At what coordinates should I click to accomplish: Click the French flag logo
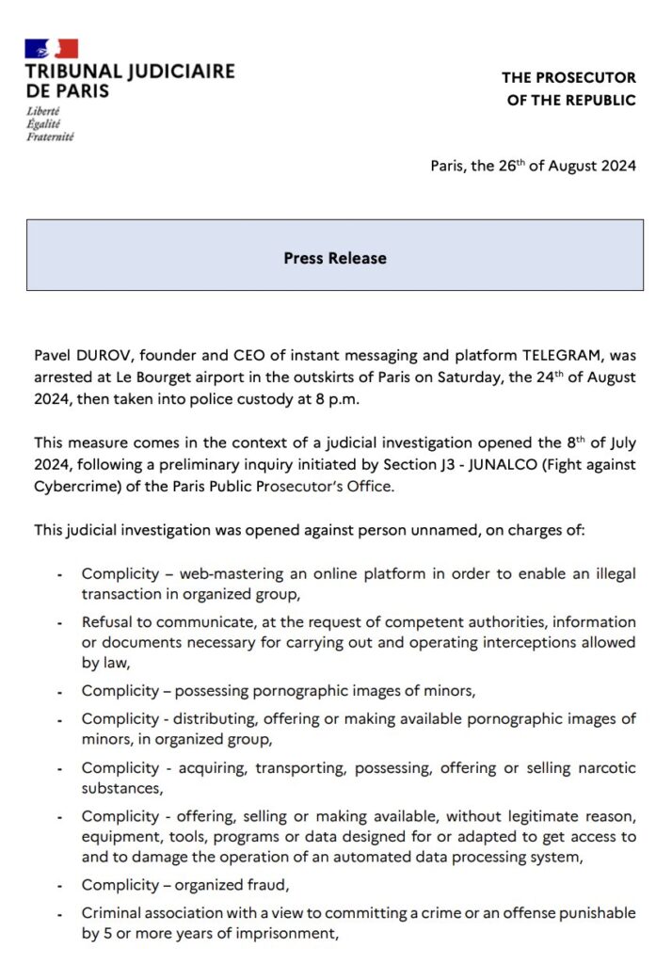click(52, 48)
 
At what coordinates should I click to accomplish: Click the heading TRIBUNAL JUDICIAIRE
click(130, 72)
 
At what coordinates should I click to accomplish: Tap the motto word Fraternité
click(50, 136)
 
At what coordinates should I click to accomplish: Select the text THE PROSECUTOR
click(568, 77)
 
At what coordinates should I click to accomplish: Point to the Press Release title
click(335, 257)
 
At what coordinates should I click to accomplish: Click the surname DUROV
click(106, 355)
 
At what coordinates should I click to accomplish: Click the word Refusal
click(107, 622)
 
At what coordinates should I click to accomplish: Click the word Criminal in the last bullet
click(111, 913)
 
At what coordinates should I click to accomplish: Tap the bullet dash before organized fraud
click(59, 887)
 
